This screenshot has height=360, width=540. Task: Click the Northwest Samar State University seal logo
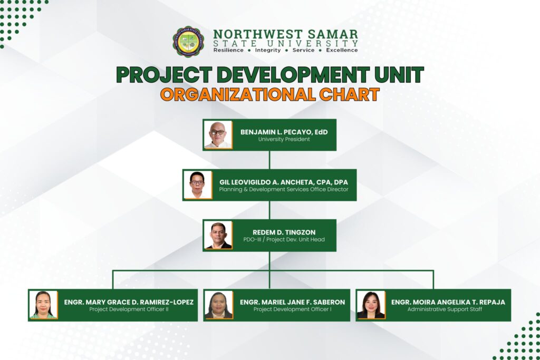pyautogui.click(x=188, y=42)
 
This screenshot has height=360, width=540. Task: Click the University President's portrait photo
pyautogui.click(x=218, y=134)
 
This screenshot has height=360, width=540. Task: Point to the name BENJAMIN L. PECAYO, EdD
pyautogui.click(x=284, y=132)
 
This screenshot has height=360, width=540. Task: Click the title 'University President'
pyautogui.click(x=284, y=139)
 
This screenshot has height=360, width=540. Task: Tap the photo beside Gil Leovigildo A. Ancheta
pyautogui.click(x=198, y=185)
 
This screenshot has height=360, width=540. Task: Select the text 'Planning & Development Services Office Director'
pyautogui.click(x=284, y=190)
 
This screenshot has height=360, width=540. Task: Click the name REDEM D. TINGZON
pyautogui.click(x=284, y=232)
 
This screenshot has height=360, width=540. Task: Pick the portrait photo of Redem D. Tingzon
pyautogui.click(x=218, y=235)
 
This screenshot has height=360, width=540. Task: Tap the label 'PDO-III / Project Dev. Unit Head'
pyautogui.click(x=284, y=239)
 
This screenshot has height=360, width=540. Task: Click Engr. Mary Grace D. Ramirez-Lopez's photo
pyautogui.click(x=43, y=305)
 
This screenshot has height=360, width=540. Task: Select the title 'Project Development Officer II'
pyautogui.click(x=129, y=309)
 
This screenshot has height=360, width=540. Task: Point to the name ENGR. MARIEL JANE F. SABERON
pyautogui.click(x=292, y=302)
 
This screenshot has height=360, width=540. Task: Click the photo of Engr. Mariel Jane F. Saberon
pyautogui.click(x=219, y=305)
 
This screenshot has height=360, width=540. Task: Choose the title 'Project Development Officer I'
pyautogui.click(x=292, y=309)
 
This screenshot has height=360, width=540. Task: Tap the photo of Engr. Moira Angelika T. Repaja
pyautogui.click(x=371, y=305)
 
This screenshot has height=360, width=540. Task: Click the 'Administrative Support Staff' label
pyautogui.click(x=445, y=309)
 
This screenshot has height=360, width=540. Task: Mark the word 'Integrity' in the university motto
pyautogui.click(x=267, y=50)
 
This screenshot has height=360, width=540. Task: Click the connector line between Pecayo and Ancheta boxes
pyautogui.click(x=269, y=160)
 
